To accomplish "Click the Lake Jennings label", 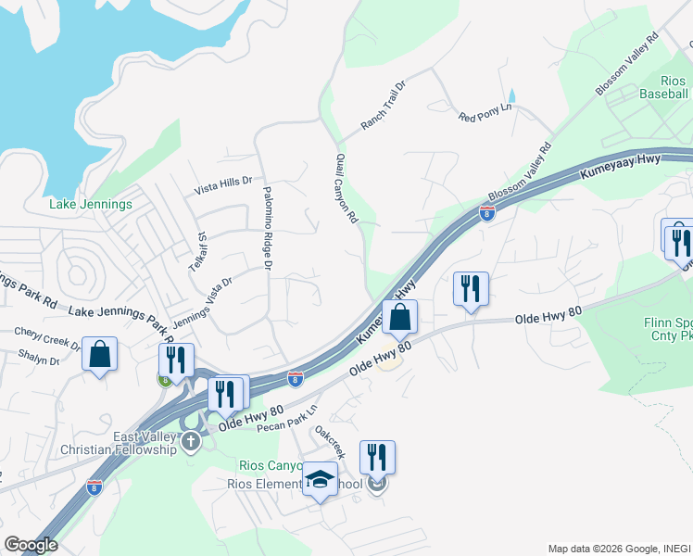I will point(90,204).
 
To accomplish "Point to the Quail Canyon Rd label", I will point(346,190).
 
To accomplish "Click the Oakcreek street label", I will point(330,442).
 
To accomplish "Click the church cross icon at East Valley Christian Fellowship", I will point(191,440).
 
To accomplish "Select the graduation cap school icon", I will point(321,478).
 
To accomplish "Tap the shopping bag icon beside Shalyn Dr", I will point(99,354).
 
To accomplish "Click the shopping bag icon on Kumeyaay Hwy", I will point(399,317).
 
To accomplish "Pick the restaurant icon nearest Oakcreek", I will point(377,458).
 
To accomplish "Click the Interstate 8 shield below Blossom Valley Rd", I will point(486,213).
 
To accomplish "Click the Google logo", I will point(30,545).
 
